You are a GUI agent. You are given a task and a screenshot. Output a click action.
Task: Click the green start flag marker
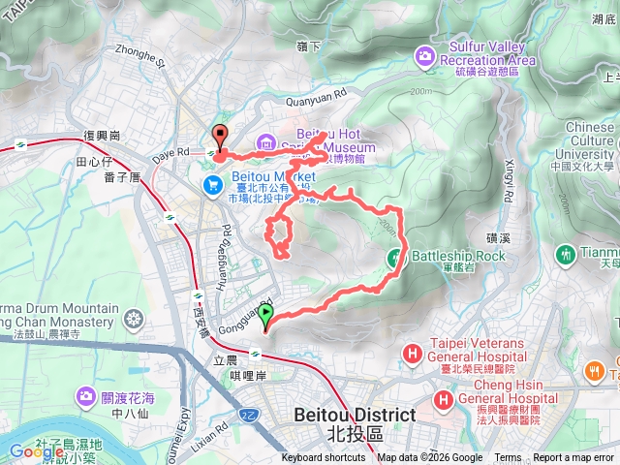[266, 316]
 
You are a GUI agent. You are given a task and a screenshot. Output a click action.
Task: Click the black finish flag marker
[219, 138]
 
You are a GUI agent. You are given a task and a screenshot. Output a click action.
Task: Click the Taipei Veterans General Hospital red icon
[412, 354]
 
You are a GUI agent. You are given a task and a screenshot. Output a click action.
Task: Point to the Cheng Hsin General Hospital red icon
[445, 398]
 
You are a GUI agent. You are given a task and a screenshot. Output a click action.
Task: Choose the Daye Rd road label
[171, 153]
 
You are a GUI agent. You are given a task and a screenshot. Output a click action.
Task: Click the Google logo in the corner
[37, 451]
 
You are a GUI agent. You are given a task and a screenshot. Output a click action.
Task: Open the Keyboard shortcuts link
[324, 458]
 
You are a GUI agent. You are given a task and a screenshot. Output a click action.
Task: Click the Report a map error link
[574, 458]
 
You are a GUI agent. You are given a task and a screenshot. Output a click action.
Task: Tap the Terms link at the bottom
[508, 458]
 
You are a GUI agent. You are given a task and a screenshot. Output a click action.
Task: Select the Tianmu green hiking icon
[566, 254]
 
